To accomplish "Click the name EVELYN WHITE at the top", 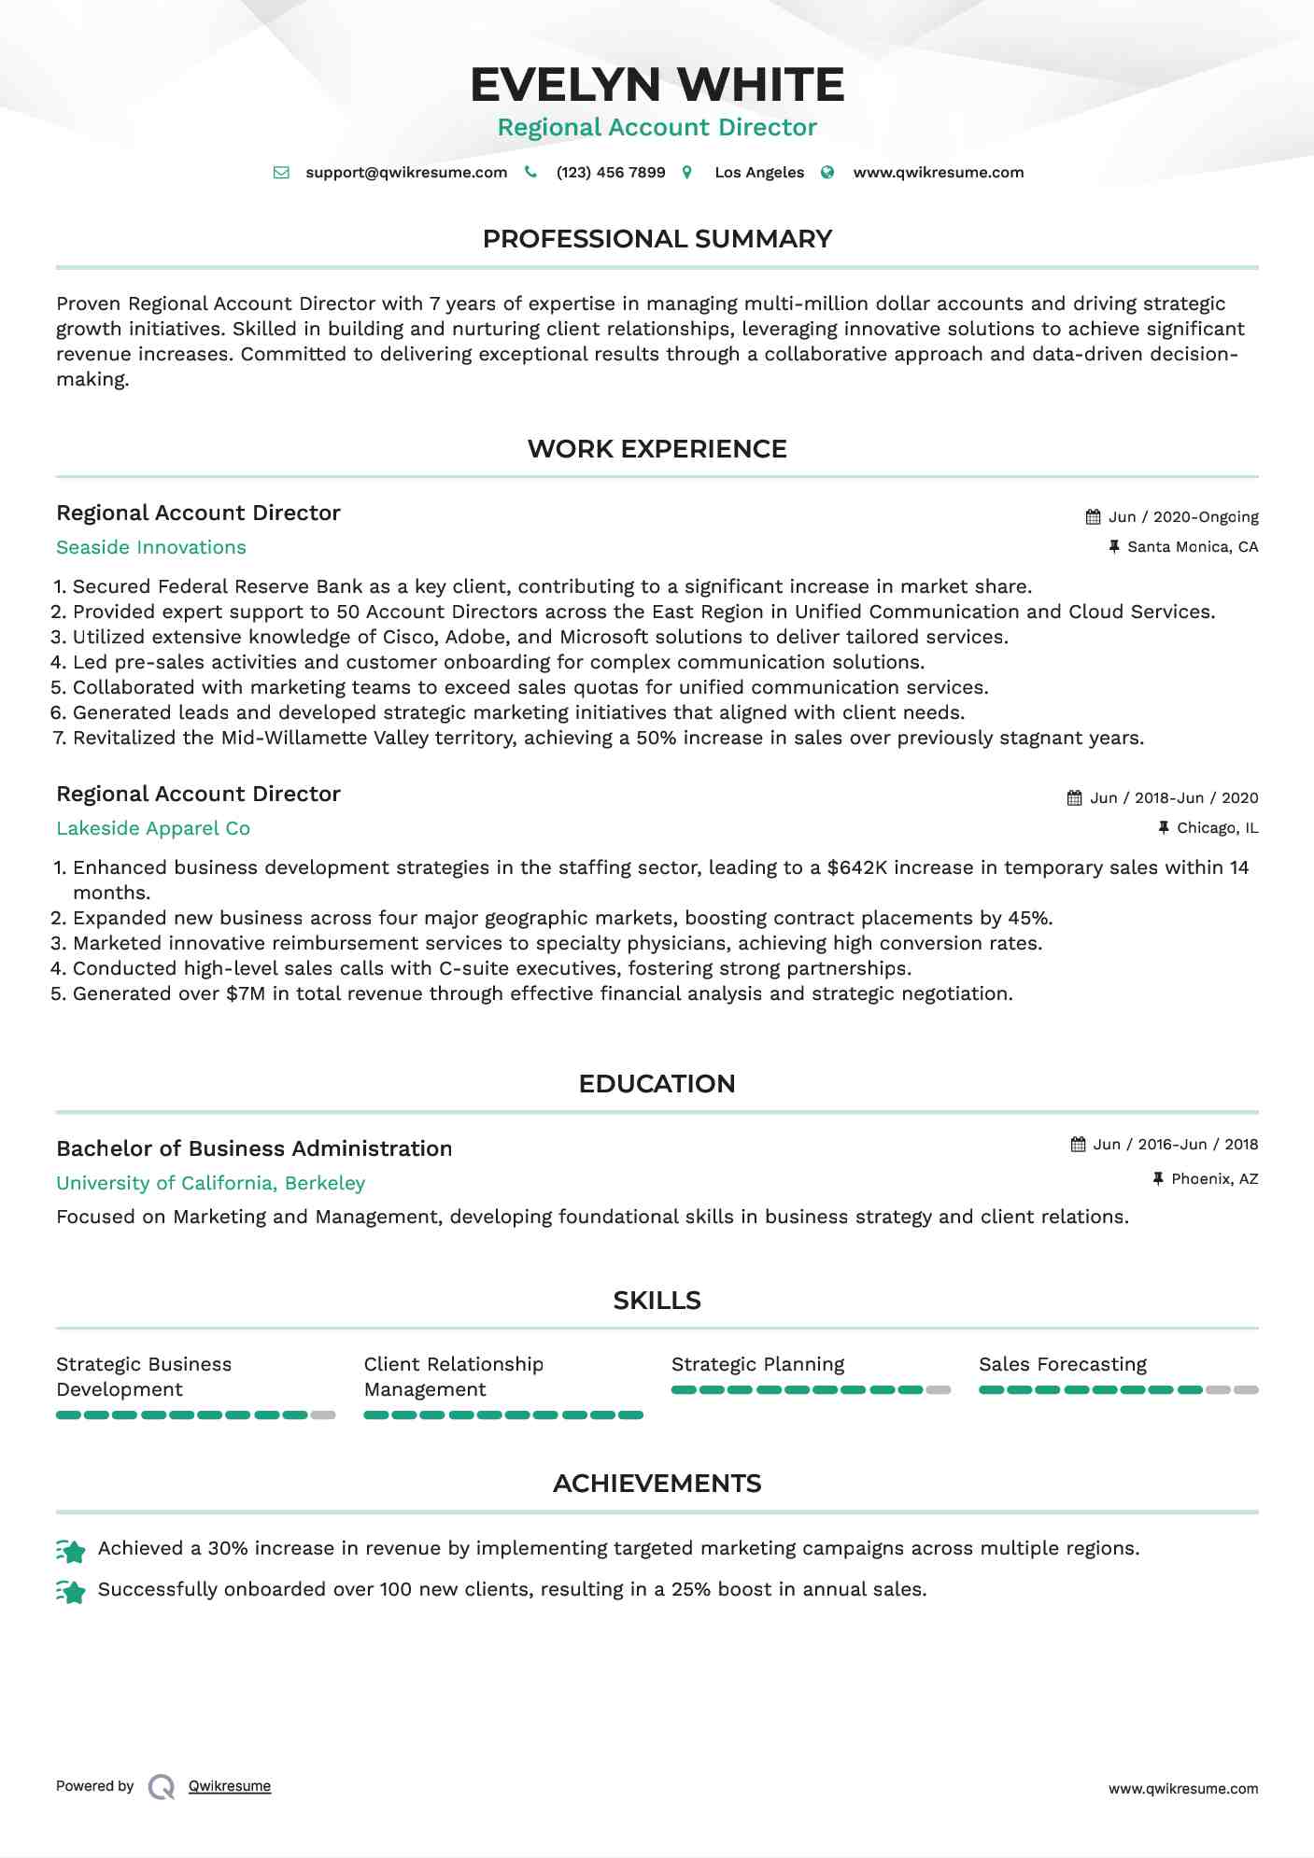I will [x=657, y=85].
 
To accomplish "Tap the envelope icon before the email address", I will [x=281, y=173].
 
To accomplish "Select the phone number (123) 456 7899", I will [x=611, y=173].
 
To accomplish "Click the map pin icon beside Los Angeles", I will [x=687, y=173].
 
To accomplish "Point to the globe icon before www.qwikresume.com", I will [x=827, y=173].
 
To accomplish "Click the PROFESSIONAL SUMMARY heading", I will [x=657, y=239].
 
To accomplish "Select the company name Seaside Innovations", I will [x=151, y=547].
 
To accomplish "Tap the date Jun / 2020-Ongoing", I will [x=1183, y=517].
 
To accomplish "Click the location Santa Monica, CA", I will [x=1193, y=547].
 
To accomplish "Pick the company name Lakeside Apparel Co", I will [x=153, y=828].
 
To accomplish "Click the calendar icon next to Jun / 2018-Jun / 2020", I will [x=1075, y=798].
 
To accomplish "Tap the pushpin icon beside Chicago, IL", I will [x=1164, y=828].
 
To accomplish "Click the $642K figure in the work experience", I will [x=856, y=867].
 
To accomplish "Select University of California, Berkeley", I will [x=210, y=1183].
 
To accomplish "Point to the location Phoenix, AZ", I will [x=1214, y=1179].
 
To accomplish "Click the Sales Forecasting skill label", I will [x=1062, y=1364].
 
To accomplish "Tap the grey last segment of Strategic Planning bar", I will [x=939, y=1390].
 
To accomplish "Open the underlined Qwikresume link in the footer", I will [x=230, y=1786].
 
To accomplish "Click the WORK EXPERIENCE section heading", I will [x=657, y=449].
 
